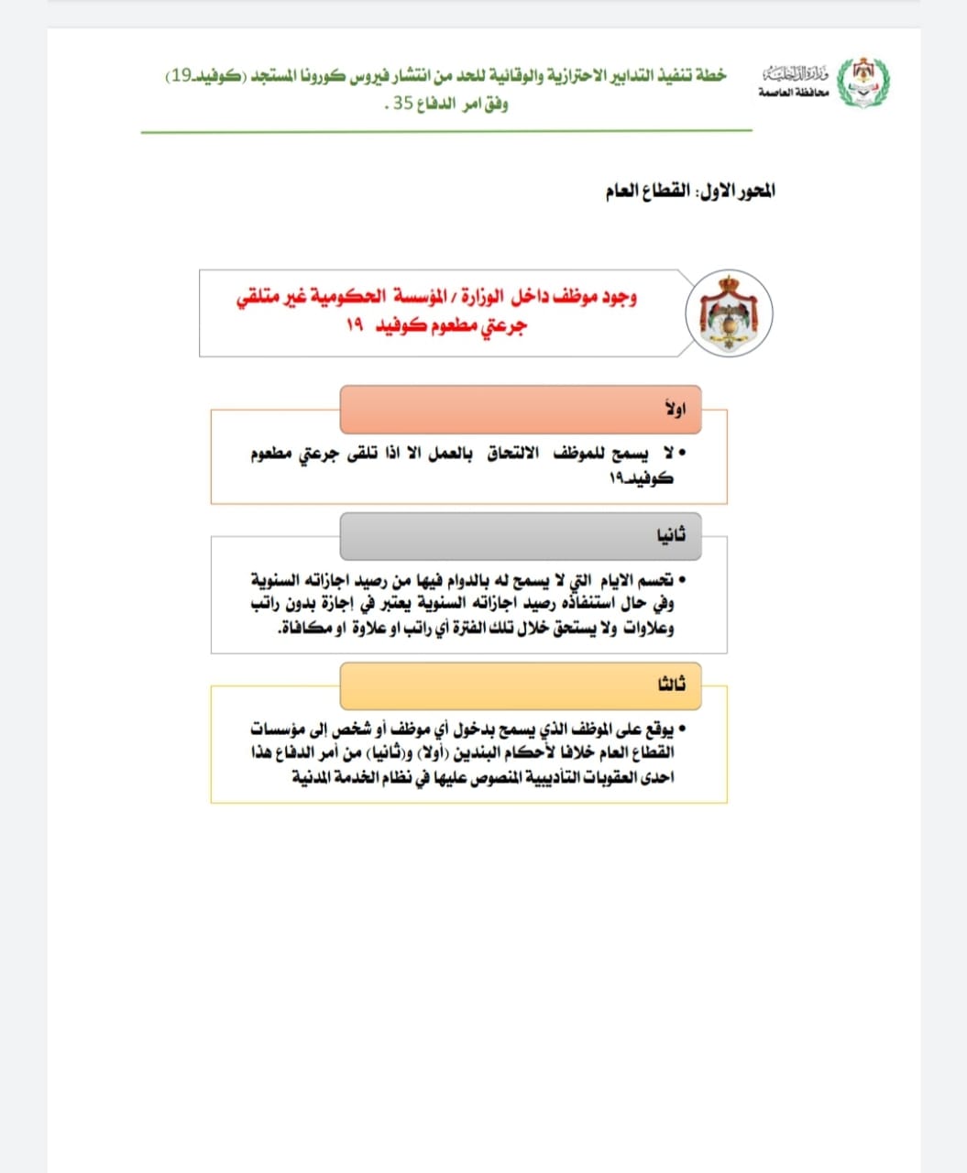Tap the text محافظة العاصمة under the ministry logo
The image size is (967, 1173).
click(x=793, y=94)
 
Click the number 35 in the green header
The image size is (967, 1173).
click(x=404, y=104)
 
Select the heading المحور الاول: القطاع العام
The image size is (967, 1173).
click(x=690, y=192)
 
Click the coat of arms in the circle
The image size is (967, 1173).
click(x=729, y=313)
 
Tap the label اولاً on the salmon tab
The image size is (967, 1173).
click(x=676, y=409)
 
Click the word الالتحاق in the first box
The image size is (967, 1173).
click(x=512, y=454)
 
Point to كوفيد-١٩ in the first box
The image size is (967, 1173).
click(x=642, y=478)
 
